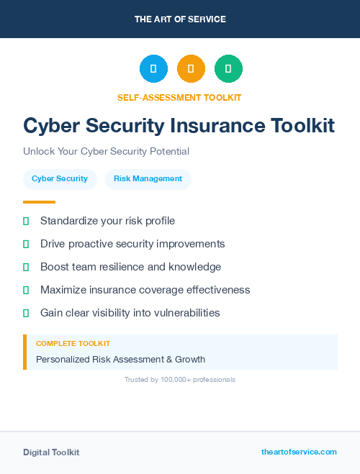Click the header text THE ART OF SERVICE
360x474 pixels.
pyautogui.click(x=180, y=19)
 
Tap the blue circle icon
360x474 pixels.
pyautogui.click(x=153, y=69)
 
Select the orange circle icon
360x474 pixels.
pyautogui.click(x=191, y=69)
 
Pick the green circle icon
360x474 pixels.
pyautogui.click(x=228, y=69)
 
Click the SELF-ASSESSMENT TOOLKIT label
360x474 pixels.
pyautogui.click(x=179, y=97)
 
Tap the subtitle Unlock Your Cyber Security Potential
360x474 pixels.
pyautogui.click(x=106, y=152)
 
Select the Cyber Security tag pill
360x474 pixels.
pyautogui.click(x=60, y=178)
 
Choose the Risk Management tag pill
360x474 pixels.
pyautogui.click(x=148, y=178)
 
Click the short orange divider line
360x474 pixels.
pyautogui.click(x=39, y=202)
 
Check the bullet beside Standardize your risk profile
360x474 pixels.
pyautogui.click(x=26, y=221)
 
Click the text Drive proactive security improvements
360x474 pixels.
pyautogui.click(x=132, y=244)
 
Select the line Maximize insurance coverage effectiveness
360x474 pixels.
pyautogui.click(x=145, y=290)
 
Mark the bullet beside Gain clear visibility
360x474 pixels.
pyautogui.click(x=26, y=313)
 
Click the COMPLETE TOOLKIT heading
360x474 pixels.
pyautogui.click(x=73, y=344)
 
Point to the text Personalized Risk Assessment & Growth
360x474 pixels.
pyautogui.click(x=120, y=359)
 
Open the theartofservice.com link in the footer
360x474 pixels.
pyautogui.click(x=299, y=452)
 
